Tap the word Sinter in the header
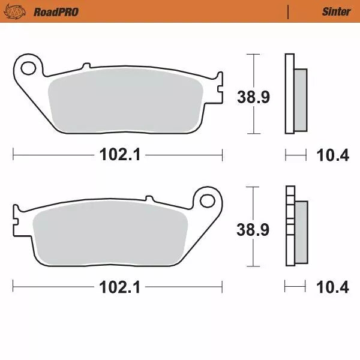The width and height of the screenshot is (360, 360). point(337,11)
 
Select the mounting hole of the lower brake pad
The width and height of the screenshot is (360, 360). point(208,199)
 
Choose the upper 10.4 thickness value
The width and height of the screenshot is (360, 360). point(332,155)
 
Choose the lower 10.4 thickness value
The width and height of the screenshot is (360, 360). point(332,287)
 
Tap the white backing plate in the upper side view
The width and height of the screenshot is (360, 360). point(289,93)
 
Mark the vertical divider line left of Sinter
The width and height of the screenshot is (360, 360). point(289,11)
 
